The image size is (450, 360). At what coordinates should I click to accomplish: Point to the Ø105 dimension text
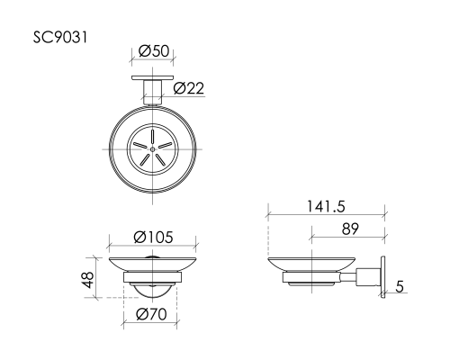click(153, 237)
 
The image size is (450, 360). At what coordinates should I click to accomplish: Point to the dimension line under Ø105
click(154, 247)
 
